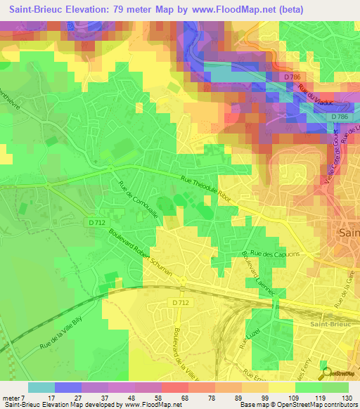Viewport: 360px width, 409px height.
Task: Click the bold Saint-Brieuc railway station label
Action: click(330, 324)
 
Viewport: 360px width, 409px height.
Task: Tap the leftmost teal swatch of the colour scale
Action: click(41, 387)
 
